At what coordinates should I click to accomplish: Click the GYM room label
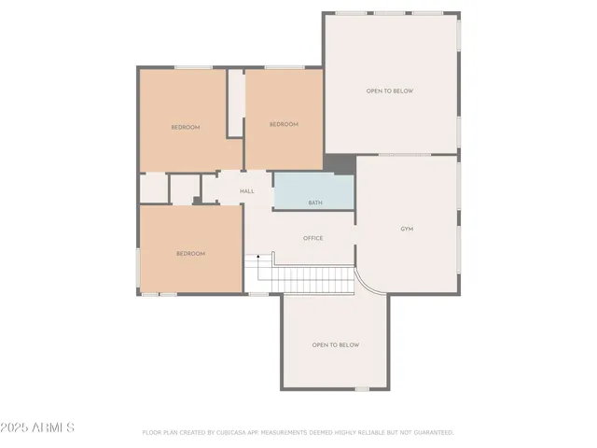[x=407, y=229]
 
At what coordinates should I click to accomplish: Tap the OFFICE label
[x=313, y=238]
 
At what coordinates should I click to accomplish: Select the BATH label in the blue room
[x=315, y=203]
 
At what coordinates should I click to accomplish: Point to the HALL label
[x=246, y=191]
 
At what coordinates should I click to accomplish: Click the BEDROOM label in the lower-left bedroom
[x=190, y=253]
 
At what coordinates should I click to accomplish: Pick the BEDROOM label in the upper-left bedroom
[x=185, y=127]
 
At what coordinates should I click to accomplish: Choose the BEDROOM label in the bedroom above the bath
[x=284, y=124]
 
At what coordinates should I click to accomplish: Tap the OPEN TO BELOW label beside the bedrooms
[x=389, y=91]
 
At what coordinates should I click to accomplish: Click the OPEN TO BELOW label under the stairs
[x=335, y=344]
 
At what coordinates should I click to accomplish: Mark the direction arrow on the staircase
[x=258, y=257]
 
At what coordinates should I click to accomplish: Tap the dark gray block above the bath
[x=340, y=164]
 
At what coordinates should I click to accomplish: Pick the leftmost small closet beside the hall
[x=153, y=188]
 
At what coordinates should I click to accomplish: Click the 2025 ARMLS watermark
[x=38, y=427]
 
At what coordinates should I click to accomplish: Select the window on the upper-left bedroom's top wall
[x=193, y=67]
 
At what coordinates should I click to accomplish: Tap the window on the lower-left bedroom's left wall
[x=139, y=266]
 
